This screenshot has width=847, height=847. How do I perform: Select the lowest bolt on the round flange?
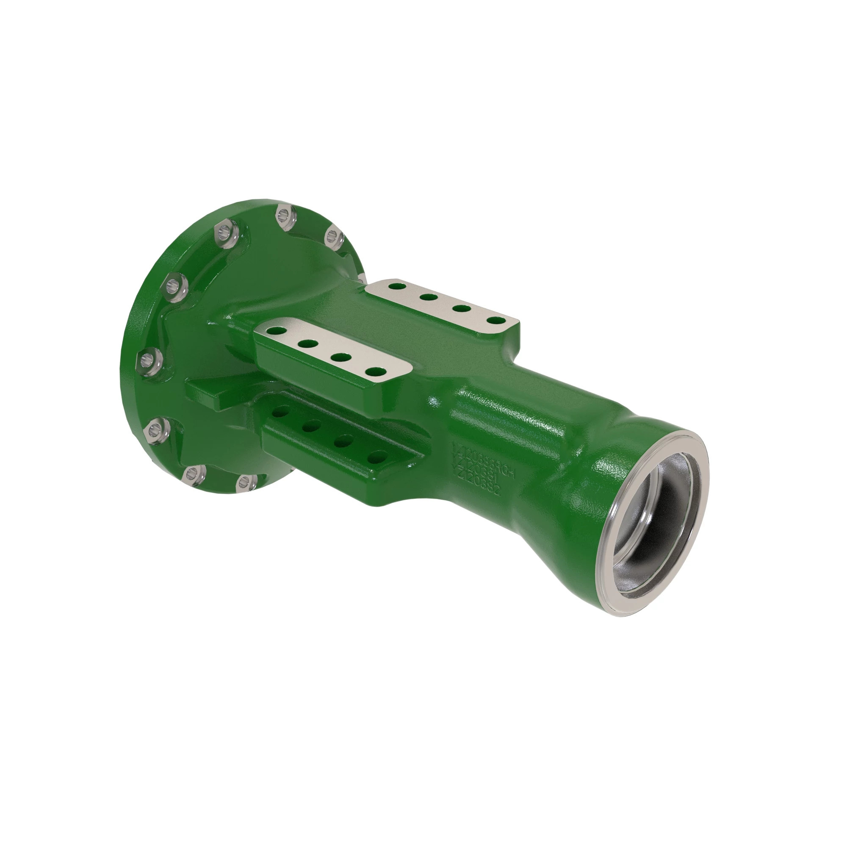click(247, 482)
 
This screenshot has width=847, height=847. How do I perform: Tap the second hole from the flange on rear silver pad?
click(428, 298)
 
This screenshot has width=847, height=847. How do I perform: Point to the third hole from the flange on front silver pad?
click(340, 357)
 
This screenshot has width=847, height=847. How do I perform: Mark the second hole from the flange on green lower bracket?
click(312, 425)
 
